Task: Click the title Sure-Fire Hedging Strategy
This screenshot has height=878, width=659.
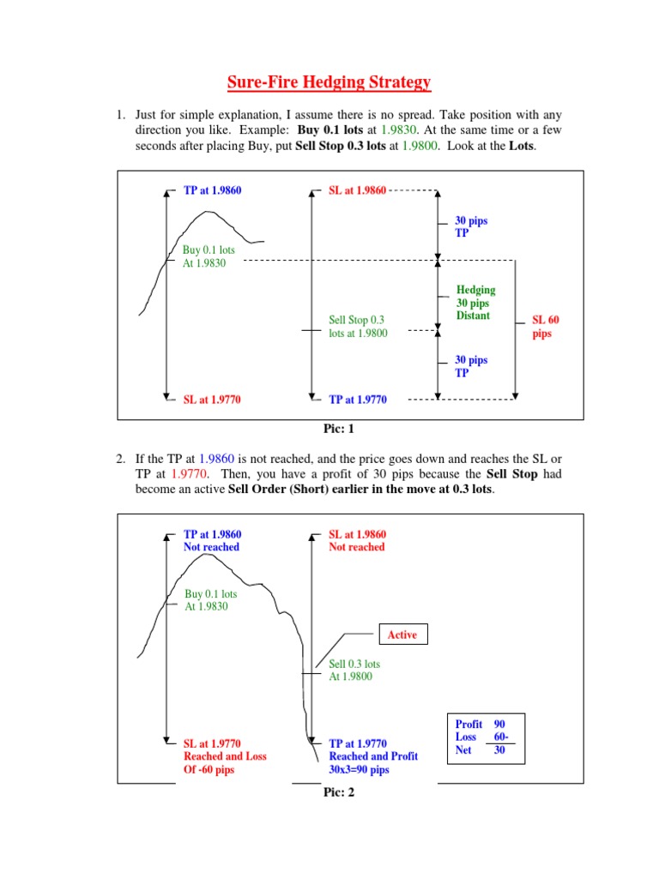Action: (x=329, y=83)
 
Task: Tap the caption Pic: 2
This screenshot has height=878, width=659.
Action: (x=338, y=792)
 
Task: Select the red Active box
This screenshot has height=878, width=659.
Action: (x=402, y=634)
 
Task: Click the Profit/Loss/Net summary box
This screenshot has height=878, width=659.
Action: (x=483, y=737)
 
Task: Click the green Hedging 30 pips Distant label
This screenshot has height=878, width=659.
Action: (x=475, y=303)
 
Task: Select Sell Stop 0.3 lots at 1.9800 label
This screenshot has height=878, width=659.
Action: (x=358, y=327)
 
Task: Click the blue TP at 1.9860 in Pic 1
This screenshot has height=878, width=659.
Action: (x=212, y=190)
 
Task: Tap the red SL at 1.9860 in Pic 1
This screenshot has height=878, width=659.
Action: (x=358, y=190)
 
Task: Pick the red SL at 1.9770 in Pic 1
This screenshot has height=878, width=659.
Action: (x=212, y=400)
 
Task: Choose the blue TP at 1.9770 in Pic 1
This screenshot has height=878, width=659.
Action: (x=358, y=400)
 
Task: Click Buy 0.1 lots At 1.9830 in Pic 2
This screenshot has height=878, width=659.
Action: (x=211, y=599)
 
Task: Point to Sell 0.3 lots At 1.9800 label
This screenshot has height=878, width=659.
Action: (x=354, y=670)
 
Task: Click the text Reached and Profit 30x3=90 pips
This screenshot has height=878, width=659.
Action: (x=373, y=763)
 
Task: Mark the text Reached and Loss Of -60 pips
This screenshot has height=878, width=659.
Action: (x=225, y=763)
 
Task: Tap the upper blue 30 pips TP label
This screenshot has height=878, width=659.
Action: (x=471, y=226)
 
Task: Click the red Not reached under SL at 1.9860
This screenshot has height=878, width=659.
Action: (x=357, y=547)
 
